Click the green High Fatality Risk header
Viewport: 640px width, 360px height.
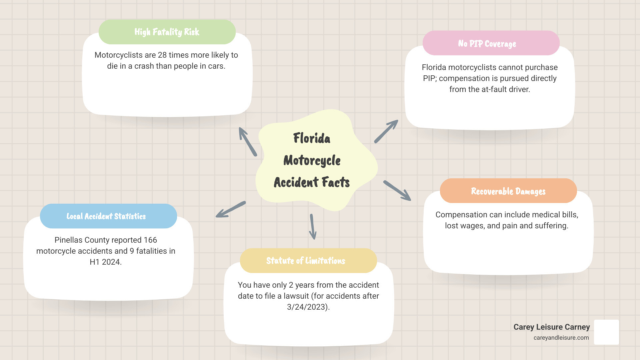click(x=167, y=32)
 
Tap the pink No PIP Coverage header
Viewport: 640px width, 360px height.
click(x=491, y=43)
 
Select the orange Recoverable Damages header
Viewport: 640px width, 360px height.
click(x=508, y=191)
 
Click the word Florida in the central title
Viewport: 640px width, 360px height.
click(x=312, y=138)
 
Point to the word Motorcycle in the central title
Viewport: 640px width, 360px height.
click(x=312, y=160)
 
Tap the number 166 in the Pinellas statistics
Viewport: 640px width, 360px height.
click(x=150, y=240)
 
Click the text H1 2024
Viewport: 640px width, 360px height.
click(x=105, y=262)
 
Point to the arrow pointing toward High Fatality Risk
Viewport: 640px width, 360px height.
click(x=247, y=141)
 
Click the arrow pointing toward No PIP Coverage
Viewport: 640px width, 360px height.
click(x=386, y=131)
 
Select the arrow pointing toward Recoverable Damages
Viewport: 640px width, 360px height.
click(x=397, y=191)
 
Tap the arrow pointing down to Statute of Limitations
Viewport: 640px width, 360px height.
click(x=313, y=227)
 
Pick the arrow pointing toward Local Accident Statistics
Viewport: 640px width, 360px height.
click(x=231, y=210)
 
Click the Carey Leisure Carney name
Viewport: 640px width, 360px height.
click(x=551, y=327)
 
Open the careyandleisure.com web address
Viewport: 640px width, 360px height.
click(x=561, y=338)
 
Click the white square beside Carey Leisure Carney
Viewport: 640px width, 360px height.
click(x=606, y=332)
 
